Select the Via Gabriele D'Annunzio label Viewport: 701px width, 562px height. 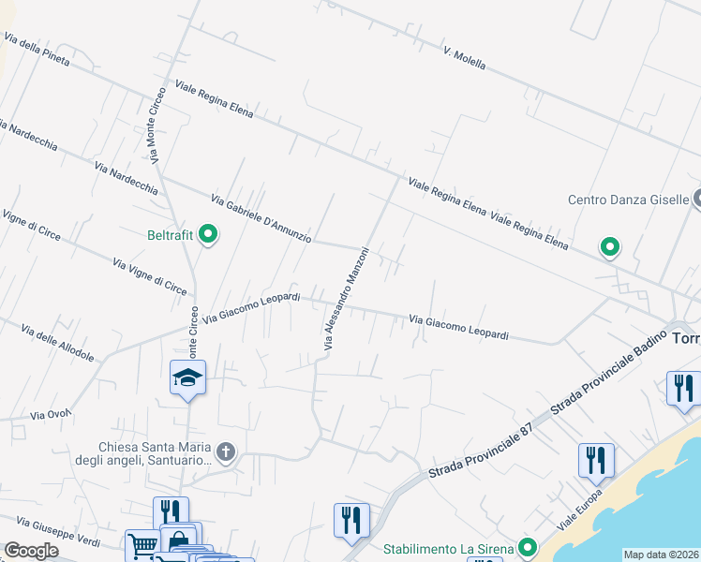click(261, 218)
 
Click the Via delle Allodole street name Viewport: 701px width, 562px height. click(57, 344)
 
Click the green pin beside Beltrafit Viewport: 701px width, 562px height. click(209, 234)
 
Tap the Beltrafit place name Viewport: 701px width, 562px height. click(169, 236)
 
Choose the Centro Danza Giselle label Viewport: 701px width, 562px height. click(628, 200)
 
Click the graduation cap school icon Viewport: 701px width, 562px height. click(187, 377)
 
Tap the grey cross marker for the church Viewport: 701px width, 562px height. click(225, 453)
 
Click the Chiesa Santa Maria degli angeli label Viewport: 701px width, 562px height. click(156, 453)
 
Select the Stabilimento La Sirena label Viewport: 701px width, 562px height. click(448, 549)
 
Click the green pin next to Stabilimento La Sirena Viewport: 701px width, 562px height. click(528, 548)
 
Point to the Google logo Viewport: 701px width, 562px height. click(32, 550)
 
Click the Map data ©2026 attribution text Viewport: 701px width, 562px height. click(662, 555)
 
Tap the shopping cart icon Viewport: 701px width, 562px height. click(142, 545)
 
